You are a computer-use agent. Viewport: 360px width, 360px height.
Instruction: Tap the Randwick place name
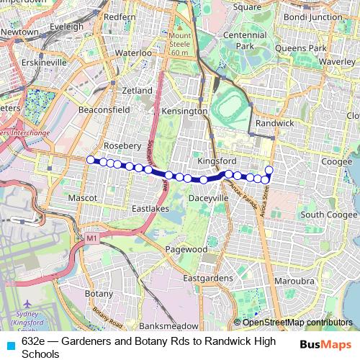[x=275, y=123]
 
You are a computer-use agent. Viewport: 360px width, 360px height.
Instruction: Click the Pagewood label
[x=186, y=249]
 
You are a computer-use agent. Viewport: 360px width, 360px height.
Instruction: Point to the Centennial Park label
[x=246, y=41]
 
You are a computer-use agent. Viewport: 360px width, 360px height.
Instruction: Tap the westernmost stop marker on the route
[x=90, y=160]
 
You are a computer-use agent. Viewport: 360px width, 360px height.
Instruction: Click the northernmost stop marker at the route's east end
[x=269, y=170]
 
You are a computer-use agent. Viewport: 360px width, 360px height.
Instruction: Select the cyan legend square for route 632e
[x=10, y=345]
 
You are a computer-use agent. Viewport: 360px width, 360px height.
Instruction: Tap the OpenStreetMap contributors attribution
[x=292, y=323]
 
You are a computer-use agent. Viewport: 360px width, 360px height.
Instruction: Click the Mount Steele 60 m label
[x=180, y=44]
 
